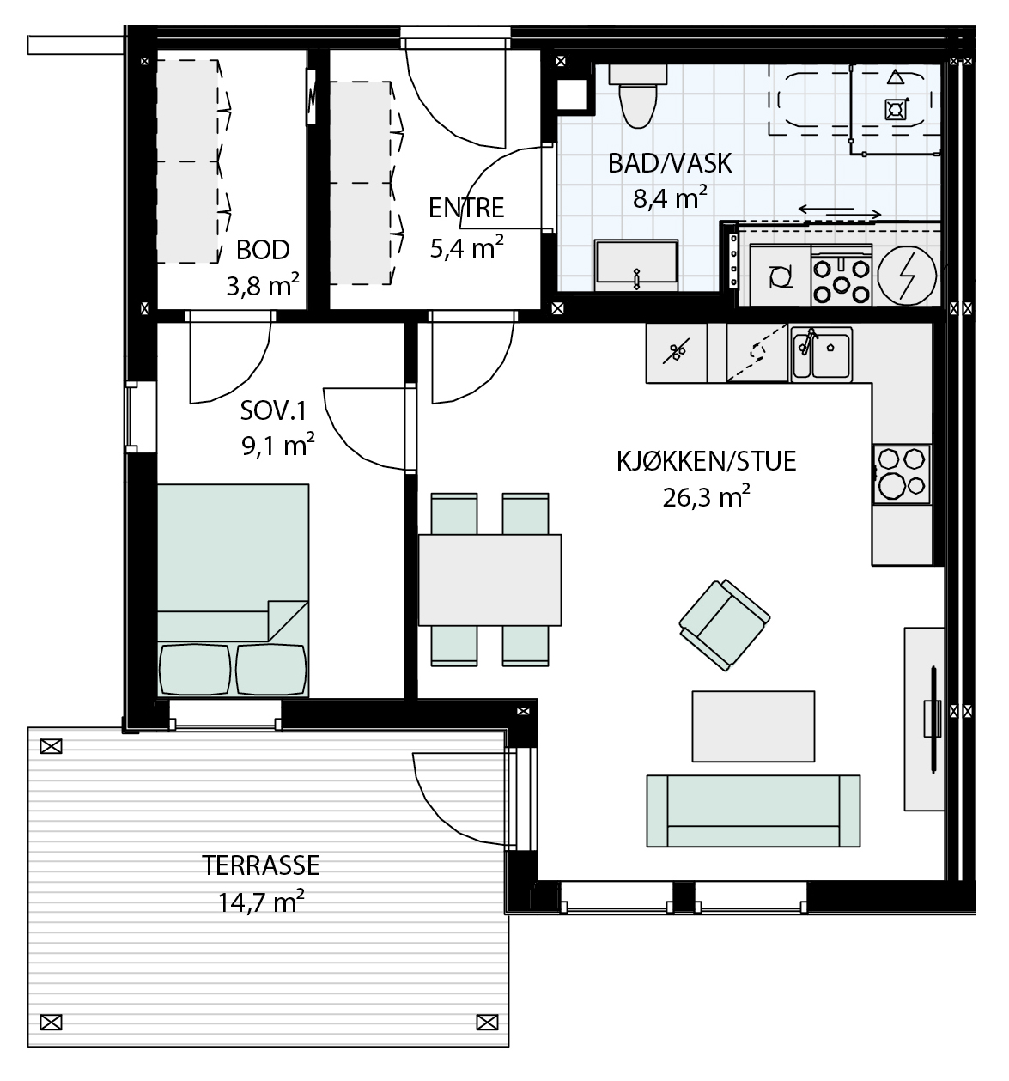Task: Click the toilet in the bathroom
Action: click(x=638, y=96)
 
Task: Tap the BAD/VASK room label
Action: click(x=669, y=163)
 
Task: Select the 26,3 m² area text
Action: click(x=706, y=496)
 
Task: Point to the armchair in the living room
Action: click(x=724, y=624)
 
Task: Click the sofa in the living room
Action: click(x=753, y=811)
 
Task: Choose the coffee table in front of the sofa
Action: click(x=753, y=726)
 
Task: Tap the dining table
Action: click(x=489, y=580)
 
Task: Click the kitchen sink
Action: click(x=822, y=355)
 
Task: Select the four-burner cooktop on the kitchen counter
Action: click(x=902, y=474)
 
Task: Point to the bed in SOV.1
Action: click(x=233, y=591)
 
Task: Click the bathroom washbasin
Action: click(x=636, y=265)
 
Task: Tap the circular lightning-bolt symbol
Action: click(x=907, y=276)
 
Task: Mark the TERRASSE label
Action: click(x=261, y=865)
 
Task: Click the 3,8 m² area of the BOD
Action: click(x=263, y=285)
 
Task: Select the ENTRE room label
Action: click(x=466, y=208)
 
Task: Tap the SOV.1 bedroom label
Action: click(x=274, y=411)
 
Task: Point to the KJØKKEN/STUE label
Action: click(x=706, y=461)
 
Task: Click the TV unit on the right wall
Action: click(x=924, y=719)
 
